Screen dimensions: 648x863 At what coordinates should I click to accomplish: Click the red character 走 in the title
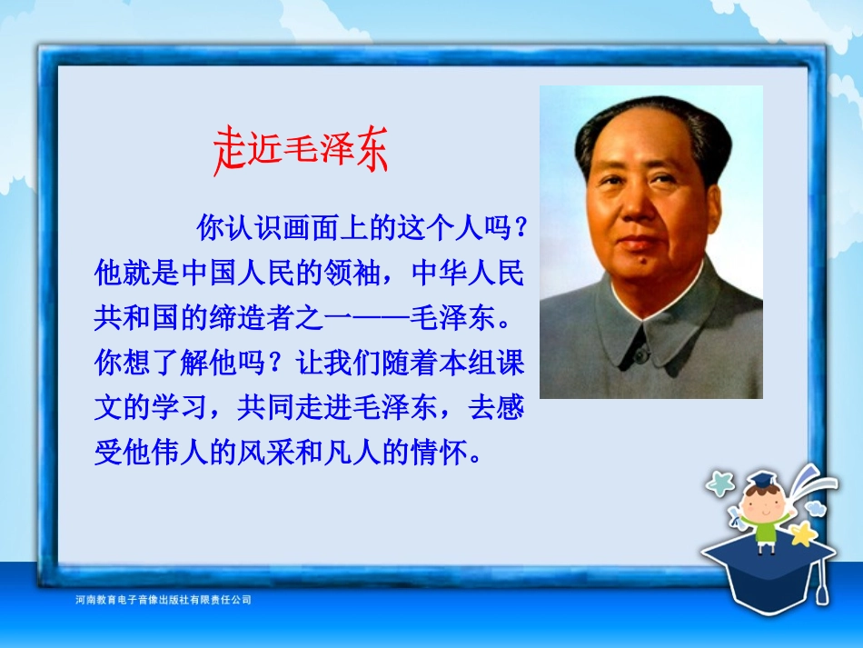pos(230,149)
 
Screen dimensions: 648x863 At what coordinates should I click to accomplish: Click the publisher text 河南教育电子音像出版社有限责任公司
pos(163,600)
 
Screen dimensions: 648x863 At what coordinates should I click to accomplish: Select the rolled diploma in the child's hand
pos(732,519)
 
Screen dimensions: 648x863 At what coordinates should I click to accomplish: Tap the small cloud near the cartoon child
pos(815,506)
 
